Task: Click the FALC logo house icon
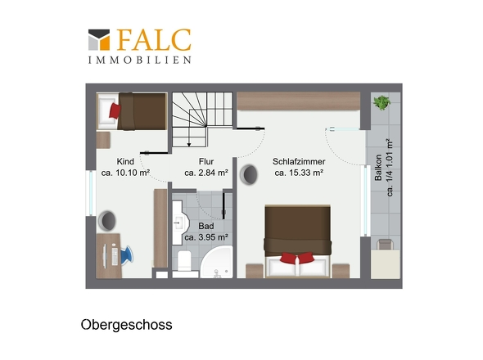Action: (x=99, y=40)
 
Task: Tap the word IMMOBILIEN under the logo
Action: (x=140, y=60)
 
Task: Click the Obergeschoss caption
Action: (x=126, y=325)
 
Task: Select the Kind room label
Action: (x=125, y=161)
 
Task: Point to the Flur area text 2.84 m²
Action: (x=213, y=173)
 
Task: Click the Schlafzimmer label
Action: (x=299, y=161)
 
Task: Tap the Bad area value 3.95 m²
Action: (x=213, y=237)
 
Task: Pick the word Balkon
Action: (x=378, y=167)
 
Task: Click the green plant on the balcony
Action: (x=382, y=102)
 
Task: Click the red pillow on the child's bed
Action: (x=115, y=110)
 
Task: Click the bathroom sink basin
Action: (x=179, y=223)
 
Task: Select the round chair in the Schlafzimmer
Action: (x=249, y=174)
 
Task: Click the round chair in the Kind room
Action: (x=107, y=220)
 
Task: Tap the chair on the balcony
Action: (x=385, y=244)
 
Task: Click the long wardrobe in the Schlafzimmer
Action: (x=299, y=101)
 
